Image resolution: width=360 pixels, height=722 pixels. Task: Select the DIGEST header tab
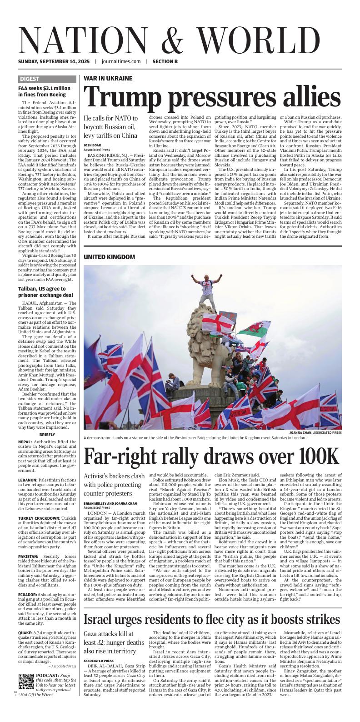point(30,79)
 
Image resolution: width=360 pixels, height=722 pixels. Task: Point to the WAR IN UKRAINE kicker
point(108,78)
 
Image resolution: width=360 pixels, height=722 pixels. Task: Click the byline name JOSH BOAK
point(92,145)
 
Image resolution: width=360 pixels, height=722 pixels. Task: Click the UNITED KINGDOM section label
point(109,257)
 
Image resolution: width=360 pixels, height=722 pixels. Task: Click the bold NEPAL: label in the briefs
point(25,441)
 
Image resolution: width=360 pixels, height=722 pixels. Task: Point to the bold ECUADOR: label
point(28,595)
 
